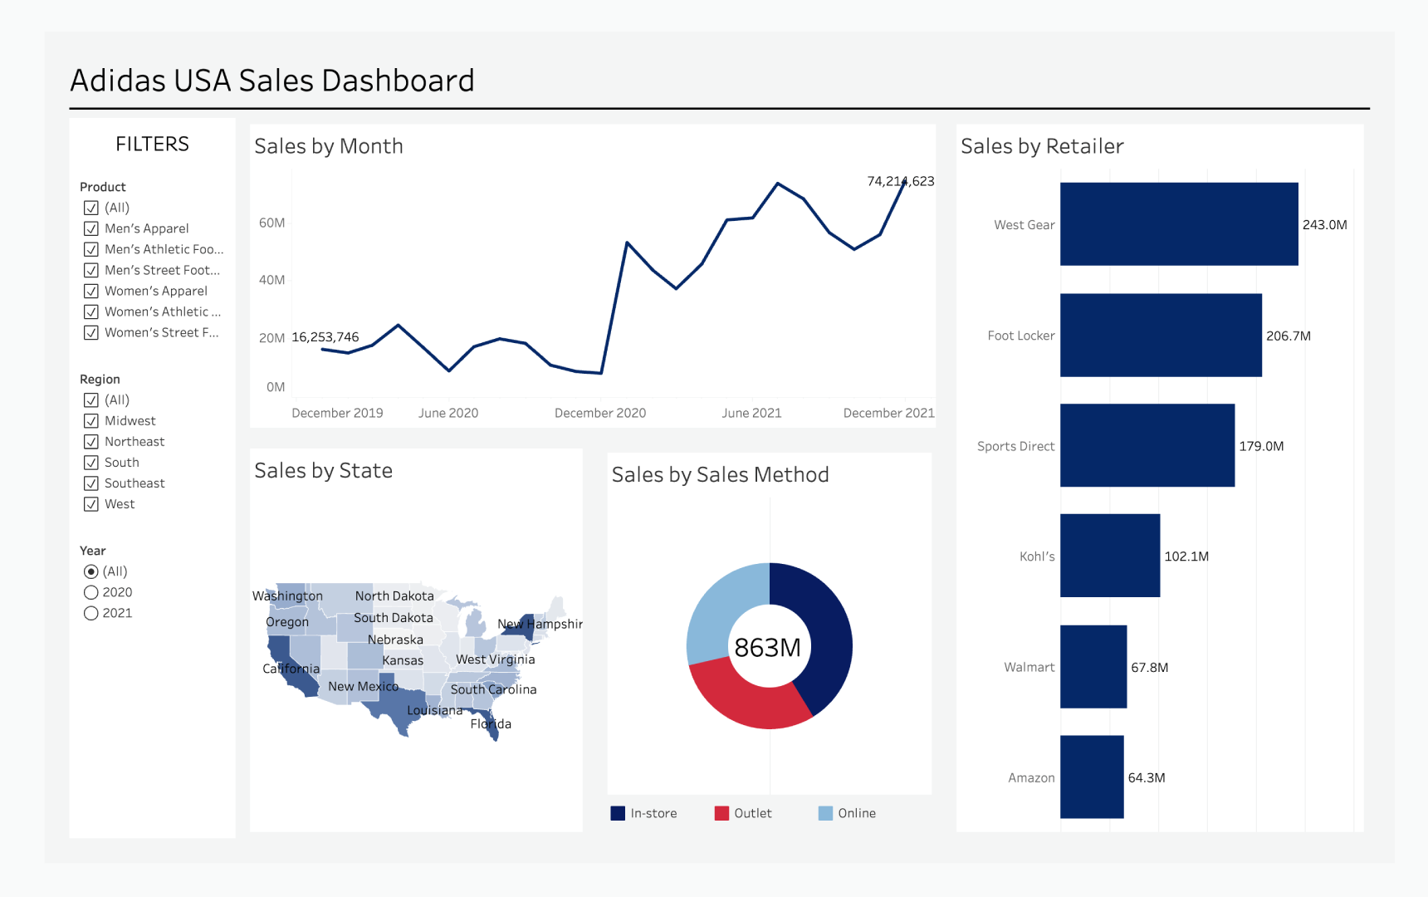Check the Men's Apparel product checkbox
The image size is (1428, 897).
point(91,228)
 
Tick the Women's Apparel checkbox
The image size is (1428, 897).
point(91,291)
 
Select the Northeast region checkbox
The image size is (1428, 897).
point(91,442)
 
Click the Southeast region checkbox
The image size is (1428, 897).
point(91,483)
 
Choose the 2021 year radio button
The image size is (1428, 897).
point(91,613)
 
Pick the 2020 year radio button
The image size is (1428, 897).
point(91,592)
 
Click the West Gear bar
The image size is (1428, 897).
point(1179,224)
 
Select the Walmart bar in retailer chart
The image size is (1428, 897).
point(1093,667)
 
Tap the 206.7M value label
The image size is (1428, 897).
point(1288,336)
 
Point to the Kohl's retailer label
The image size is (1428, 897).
point(1037,556)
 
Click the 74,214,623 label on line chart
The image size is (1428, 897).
point(900,181)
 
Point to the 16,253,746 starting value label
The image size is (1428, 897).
point(325,337)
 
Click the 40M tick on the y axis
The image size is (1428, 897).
point(271,280)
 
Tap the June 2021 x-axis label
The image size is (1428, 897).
point(751,413)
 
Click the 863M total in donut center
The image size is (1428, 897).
point(768,647)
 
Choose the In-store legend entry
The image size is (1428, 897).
point(644,813)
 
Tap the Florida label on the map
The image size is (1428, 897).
point(491,724)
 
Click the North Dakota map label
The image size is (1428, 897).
point(394,596)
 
